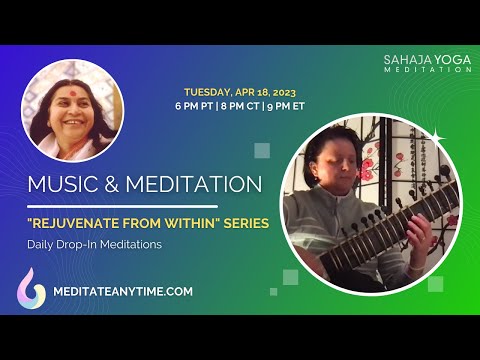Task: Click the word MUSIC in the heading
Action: coord(66,185)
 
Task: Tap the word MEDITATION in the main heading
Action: coord(194,185)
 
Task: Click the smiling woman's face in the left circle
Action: coord(73,108)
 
